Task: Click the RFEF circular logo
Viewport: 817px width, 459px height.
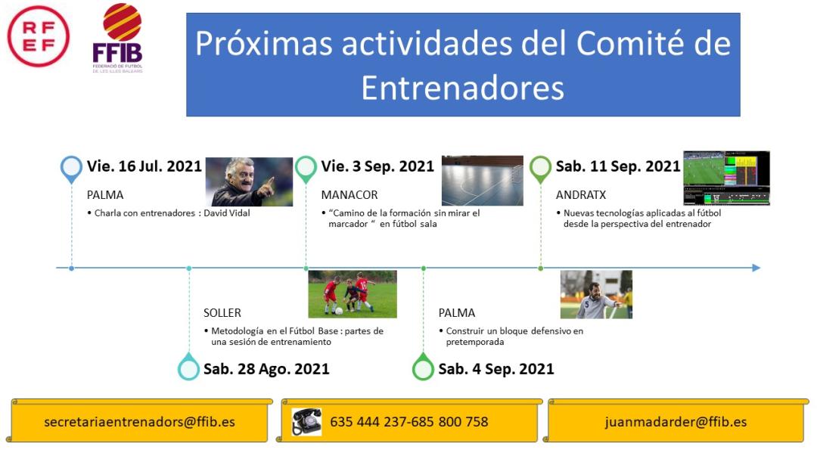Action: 38,36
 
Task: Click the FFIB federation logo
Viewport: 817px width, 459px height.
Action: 118,38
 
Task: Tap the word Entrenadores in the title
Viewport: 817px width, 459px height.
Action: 463,88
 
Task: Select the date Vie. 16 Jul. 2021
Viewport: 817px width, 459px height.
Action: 144,166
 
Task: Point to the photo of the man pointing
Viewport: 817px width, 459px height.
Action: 249,181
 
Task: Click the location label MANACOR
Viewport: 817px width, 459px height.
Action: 349,195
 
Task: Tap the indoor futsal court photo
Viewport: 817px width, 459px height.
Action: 483,180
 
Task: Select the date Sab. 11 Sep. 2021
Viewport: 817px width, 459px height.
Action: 618,166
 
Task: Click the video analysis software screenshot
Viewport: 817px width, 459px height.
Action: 726,178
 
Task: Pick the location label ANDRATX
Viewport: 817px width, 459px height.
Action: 581,195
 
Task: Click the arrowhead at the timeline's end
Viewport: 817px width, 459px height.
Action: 756,268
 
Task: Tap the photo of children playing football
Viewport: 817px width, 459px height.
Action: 353,294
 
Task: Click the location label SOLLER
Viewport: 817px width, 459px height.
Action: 222,313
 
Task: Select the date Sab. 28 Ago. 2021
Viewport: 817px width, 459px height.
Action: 266,369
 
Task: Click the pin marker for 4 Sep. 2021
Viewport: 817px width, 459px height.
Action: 423,367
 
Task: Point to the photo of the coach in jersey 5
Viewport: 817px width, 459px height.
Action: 596,294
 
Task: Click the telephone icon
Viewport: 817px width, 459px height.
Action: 306,421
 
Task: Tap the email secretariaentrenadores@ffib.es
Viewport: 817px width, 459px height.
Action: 139,421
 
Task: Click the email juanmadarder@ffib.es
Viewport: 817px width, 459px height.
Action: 676,421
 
